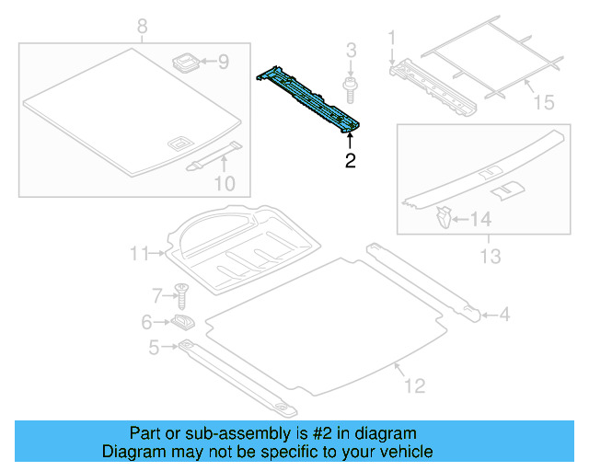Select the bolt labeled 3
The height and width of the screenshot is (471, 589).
click(x=351, y=87)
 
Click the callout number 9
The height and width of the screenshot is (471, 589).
click(x=222, y=63)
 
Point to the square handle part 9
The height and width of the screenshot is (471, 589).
click(x=187, y=63)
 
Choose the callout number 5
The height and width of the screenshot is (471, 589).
click(x=154, y=347)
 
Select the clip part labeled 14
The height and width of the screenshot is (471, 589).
click(x=443, y=219)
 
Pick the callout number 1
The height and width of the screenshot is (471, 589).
click(x=391, y=38)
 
